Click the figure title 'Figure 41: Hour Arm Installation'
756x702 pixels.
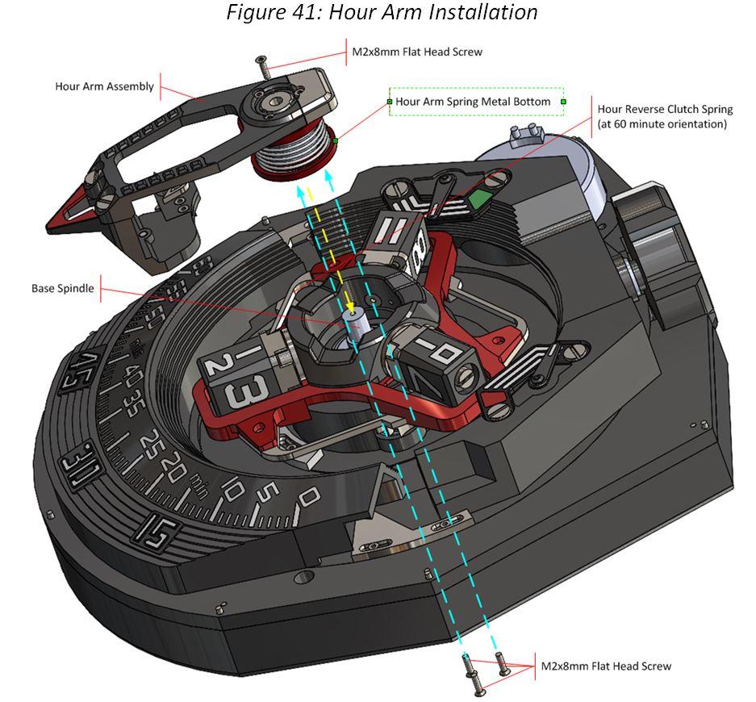click(381, 13)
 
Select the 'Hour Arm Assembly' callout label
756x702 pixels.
click(104, 86)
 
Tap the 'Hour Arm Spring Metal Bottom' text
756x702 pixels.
click(473, 102)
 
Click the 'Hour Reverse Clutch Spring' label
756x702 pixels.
click(664, 109)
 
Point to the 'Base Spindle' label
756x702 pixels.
click(62, 288)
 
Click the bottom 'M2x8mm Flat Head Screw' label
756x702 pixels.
click(605, 666)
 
